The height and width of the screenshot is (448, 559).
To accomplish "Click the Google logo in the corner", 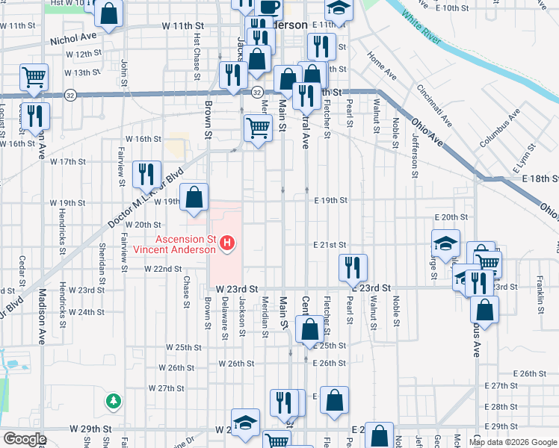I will pos(24,439).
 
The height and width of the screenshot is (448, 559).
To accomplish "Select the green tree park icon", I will pos(114,402).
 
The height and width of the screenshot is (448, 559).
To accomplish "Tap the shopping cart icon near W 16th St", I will pos(258,128).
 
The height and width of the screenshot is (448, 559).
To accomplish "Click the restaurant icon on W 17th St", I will pos(146,174).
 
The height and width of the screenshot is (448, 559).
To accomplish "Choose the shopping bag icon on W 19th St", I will pos(194,198).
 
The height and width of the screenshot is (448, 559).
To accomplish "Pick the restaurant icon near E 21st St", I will pos(353,267).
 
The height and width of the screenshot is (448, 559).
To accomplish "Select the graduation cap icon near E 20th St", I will pos(445,243).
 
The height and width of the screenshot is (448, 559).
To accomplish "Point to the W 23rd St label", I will pos(236,288).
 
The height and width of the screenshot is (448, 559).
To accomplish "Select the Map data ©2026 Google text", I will pos(513,442).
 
